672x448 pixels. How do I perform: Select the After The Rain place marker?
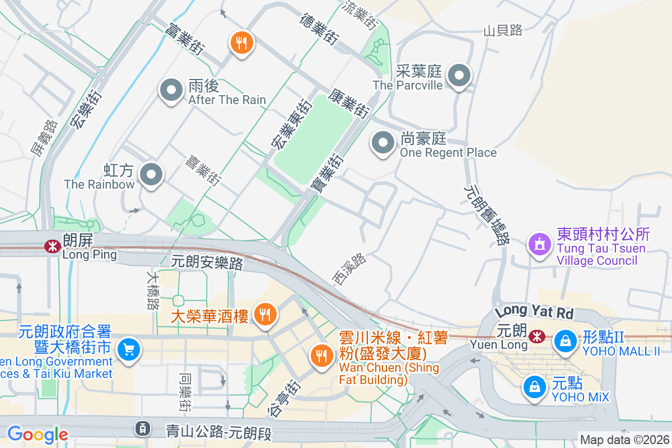tap(171, 90)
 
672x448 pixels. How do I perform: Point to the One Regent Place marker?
tap(383, 142)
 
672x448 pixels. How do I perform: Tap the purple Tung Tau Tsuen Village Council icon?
tap(539, 244)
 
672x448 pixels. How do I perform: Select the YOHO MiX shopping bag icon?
tap(535, 386)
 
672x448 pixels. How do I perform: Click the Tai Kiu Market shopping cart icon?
tap(129, 350)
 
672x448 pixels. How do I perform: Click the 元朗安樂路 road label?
tap(207, 263)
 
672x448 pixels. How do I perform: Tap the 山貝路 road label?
tap(503, 30)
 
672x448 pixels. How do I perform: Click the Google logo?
tap(38, 435)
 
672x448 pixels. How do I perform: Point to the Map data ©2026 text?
tap(624, 440)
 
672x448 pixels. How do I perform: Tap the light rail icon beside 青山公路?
tap(143, 430)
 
